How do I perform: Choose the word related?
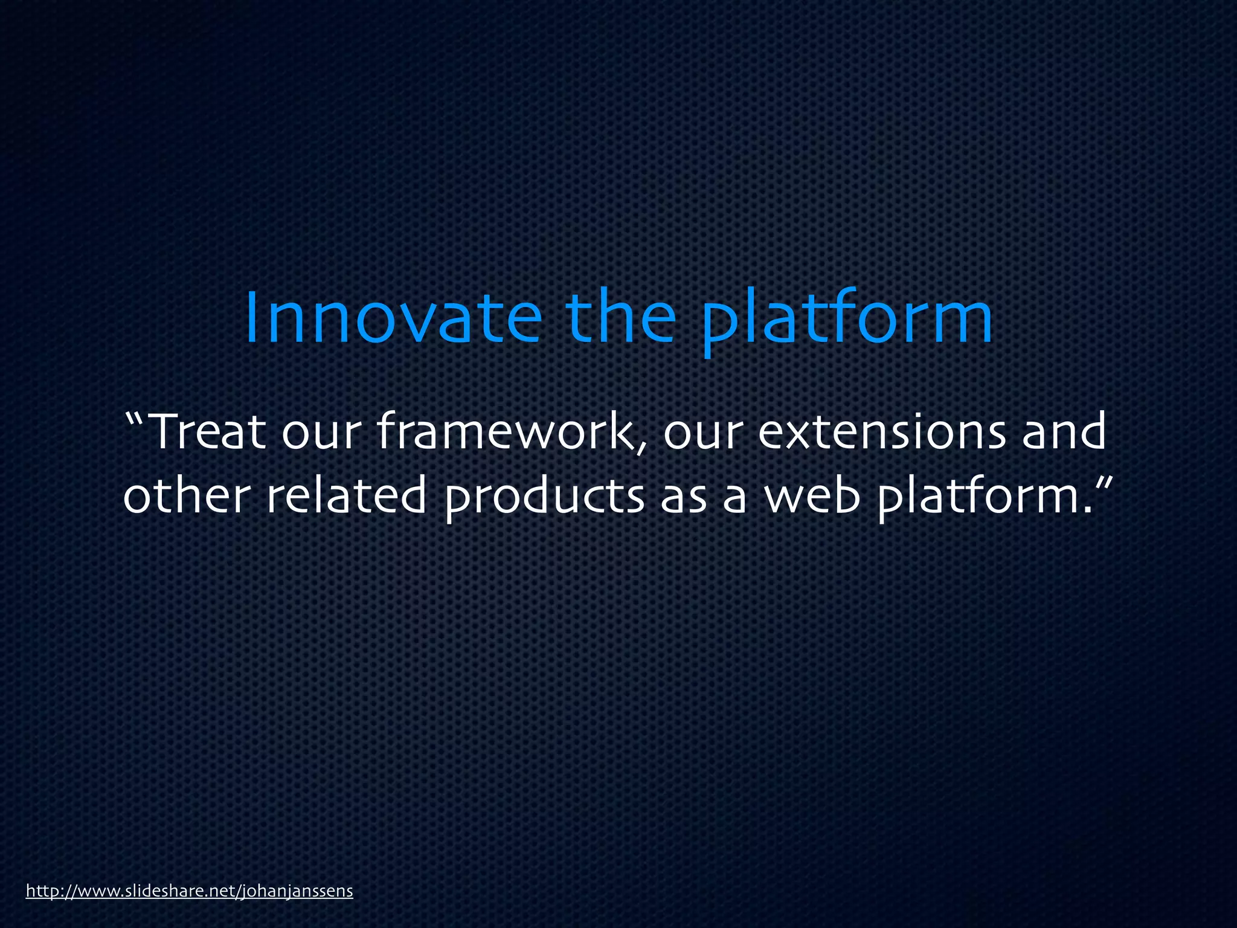tap(346, 495)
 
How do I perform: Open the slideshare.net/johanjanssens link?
tap(189, 891)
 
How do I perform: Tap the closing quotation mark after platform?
tap(1104, 483)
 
